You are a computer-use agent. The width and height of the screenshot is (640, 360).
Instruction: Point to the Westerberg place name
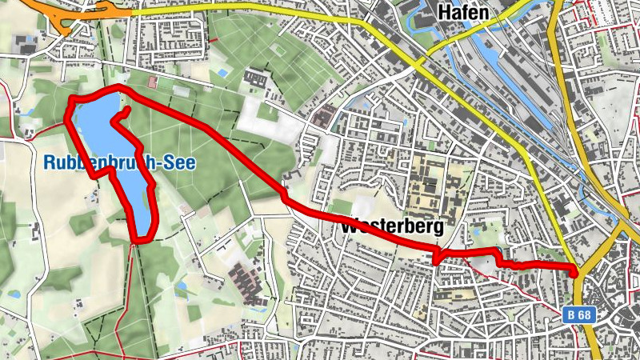(392, 227)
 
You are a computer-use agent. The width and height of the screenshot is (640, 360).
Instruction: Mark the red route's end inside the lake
(129, 108)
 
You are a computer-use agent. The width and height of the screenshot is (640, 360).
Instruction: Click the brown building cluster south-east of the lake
(245, 279)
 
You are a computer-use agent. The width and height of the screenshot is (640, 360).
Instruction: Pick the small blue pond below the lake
(182, 286)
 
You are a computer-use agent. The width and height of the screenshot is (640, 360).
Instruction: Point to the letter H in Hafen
(444, 11)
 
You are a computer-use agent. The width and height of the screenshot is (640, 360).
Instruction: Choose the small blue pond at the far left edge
(14, 294)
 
